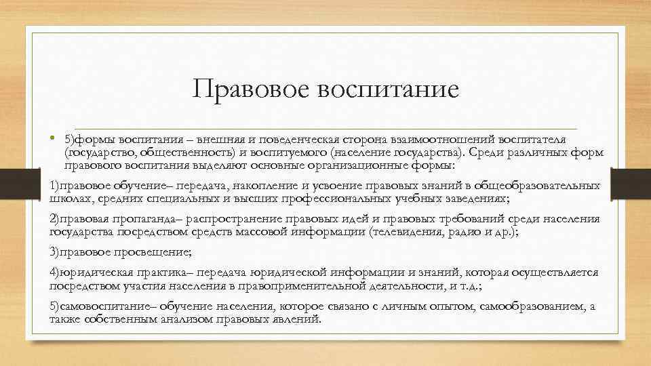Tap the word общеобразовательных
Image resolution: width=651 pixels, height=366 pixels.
(538, 185)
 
